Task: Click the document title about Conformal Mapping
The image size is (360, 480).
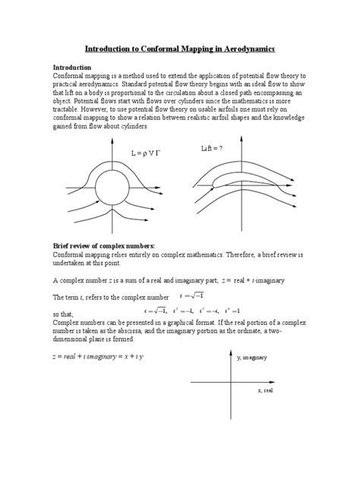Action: [179, 48]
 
